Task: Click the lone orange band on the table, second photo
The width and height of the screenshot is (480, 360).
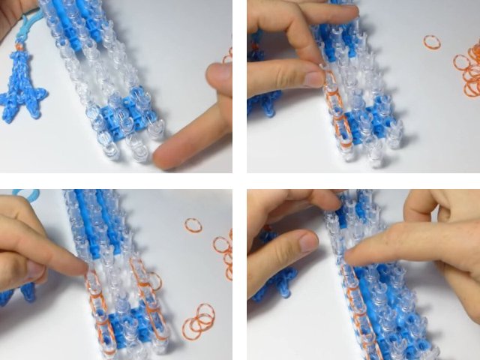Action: tap(432, 42)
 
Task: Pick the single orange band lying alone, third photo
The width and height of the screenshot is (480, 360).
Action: tap(193, 225)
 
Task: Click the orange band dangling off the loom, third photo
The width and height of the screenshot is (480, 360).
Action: tap(154, 282)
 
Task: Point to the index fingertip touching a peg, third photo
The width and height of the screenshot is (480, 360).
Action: tap(84, 268)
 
